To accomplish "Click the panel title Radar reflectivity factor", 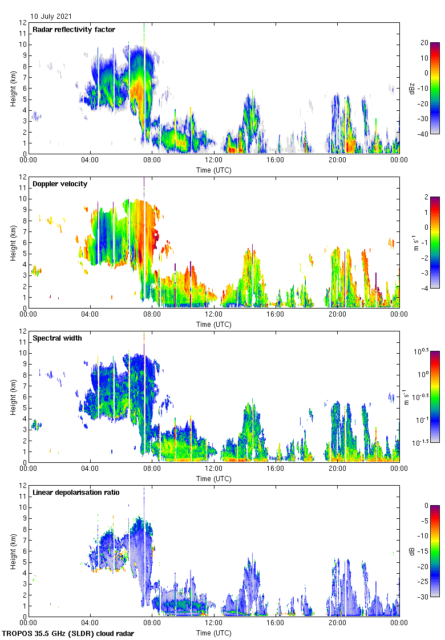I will tap(74, 30).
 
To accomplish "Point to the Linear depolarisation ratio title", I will tap(76, 492).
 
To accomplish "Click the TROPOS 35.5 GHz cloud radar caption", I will tap(69, 634).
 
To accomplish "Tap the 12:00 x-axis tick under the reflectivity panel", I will tap(214, 160).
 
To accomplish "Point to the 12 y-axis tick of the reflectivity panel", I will tap(22, 23).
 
